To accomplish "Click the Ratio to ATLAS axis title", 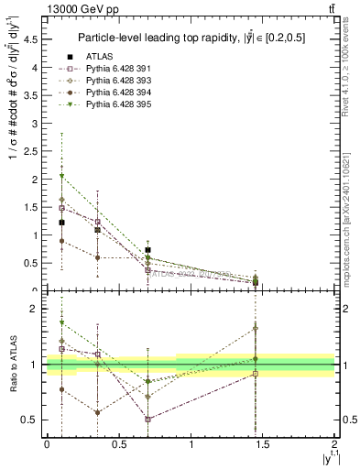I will tap(13, 365).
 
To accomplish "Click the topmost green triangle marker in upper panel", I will tap(61, 175).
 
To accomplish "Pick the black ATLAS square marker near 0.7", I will tap(147, 249).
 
